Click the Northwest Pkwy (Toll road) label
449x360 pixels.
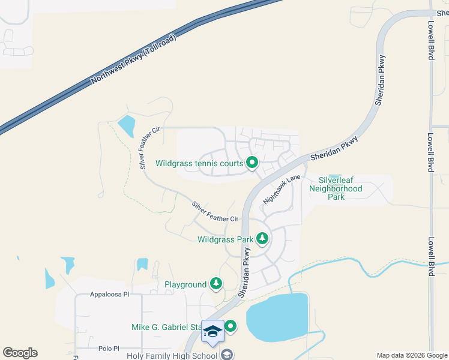click(134, 59)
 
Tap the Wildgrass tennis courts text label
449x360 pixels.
click(199, 163)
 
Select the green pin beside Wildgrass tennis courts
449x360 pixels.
click(253, 162)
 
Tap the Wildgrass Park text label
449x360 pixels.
click(225, 239)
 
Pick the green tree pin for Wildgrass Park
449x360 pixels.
click(262, 239)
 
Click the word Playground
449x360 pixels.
click(186, 284)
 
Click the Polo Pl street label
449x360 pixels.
click(109, 348)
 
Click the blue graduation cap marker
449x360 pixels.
click(212, 331)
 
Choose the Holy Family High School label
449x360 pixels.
click(172, 356)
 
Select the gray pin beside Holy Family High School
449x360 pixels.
click(227, 355)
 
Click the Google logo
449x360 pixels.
click(20, 353)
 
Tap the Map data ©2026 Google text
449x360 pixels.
click(411, 355)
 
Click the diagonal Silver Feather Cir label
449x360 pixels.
click(215, 211)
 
